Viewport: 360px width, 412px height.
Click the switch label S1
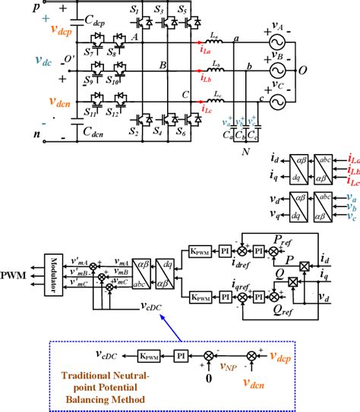(x=134, y=11)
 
